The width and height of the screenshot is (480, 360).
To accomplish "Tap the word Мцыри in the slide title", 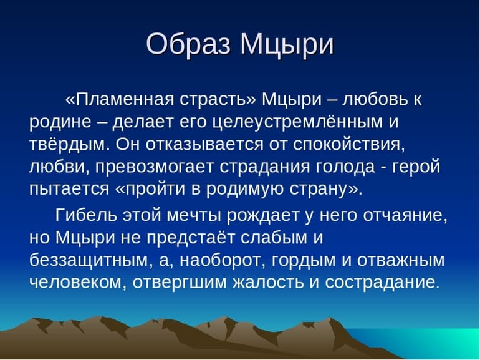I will (x=287, y=45).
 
